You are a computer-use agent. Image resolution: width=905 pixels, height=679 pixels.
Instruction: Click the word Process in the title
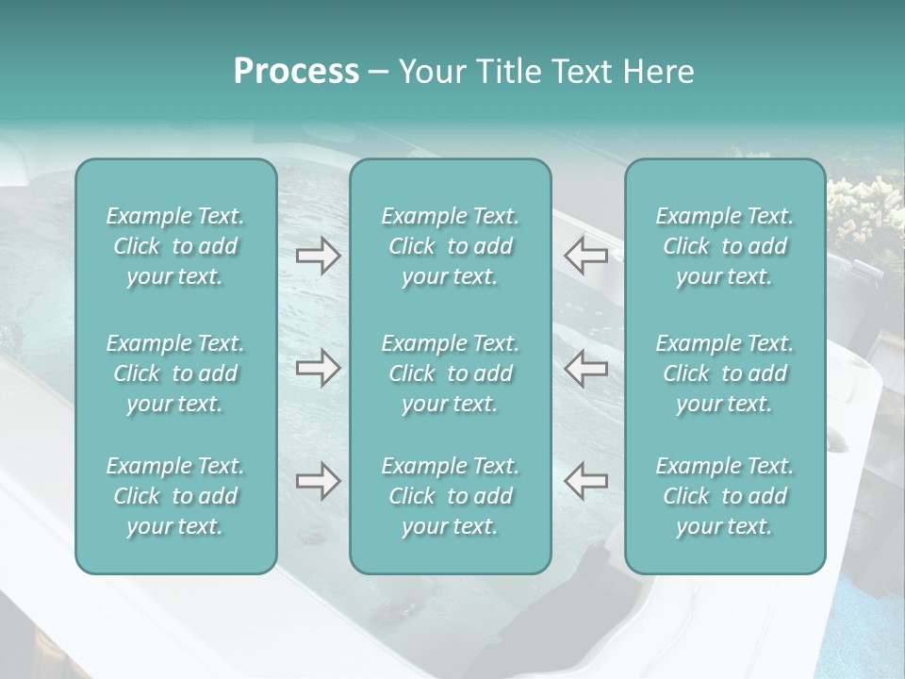[x=296, y=72]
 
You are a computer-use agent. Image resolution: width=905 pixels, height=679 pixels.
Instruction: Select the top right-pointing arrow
[x=318, y=256]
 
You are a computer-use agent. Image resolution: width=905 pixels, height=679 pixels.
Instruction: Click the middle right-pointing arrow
[x=318, y=368]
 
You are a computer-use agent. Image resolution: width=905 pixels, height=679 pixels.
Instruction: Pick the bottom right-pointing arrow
[x=318, y=481]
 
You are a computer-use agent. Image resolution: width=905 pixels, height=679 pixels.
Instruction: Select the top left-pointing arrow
[x=585, y=256]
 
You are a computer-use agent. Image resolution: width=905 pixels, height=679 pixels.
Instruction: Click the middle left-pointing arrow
[x=585, y=368]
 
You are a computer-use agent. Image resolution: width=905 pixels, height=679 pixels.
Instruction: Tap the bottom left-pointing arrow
[x=585, y=481]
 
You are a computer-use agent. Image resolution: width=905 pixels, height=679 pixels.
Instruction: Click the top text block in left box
[x=175, y=246]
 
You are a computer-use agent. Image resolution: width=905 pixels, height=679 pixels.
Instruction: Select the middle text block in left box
[x=175, y=373]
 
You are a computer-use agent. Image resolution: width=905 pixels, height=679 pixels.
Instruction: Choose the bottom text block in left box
[x=175, y=496]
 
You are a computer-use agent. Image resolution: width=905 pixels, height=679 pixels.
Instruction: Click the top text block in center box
[x=451, y=246]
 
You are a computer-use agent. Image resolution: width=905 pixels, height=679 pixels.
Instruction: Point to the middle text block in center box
[x=451, y=373]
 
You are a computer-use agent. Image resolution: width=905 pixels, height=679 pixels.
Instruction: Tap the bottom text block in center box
[x=451, y=496]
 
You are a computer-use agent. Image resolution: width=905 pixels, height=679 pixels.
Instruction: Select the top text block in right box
[x=725, y=246]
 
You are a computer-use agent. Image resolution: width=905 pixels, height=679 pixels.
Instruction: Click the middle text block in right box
[x=725, y=373]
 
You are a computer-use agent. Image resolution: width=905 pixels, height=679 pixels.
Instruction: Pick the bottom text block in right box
[x=725, y=496]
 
